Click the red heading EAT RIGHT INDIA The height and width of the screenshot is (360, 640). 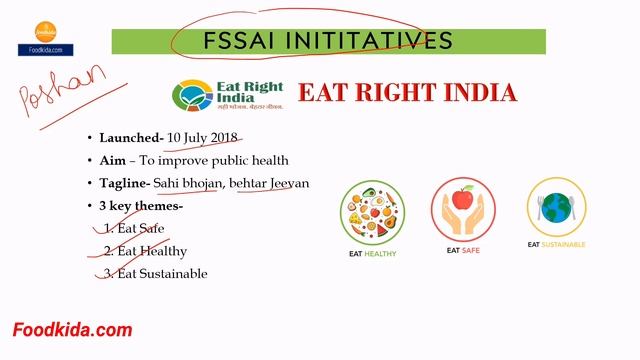[408, 94]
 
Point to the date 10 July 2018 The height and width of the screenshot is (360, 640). [204, 137]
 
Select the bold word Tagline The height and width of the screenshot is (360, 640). [126, 183]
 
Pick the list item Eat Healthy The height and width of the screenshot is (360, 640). [150, 251]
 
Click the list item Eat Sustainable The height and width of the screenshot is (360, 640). [161, 273]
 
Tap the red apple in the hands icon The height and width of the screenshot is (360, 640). [463, 200]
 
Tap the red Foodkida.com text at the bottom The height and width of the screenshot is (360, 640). [72, 330]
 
